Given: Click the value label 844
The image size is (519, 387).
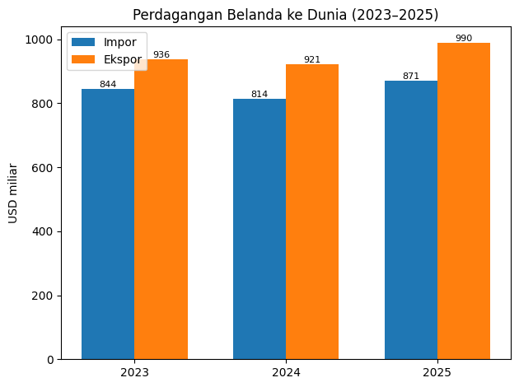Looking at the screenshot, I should (108, 84).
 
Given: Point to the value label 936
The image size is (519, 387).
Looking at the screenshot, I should (161, 55).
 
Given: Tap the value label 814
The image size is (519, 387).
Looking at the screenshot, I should (259, 94).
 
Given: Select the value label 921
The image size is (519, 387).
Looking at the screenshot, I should (312, 59).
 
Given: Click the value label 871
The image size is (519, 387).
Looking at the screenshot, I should (411, 76).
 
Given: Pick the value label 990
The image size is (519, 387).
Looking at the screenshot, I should (464, 38).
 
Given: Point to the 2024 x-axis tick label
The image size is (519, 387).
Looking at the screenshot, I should (286, 373).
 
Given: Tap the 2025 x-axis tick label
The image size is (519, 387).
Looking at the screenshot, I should (437, 373).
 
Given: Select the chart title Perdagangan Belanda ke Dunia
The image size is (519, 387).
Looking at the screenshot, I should (285, 15).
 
